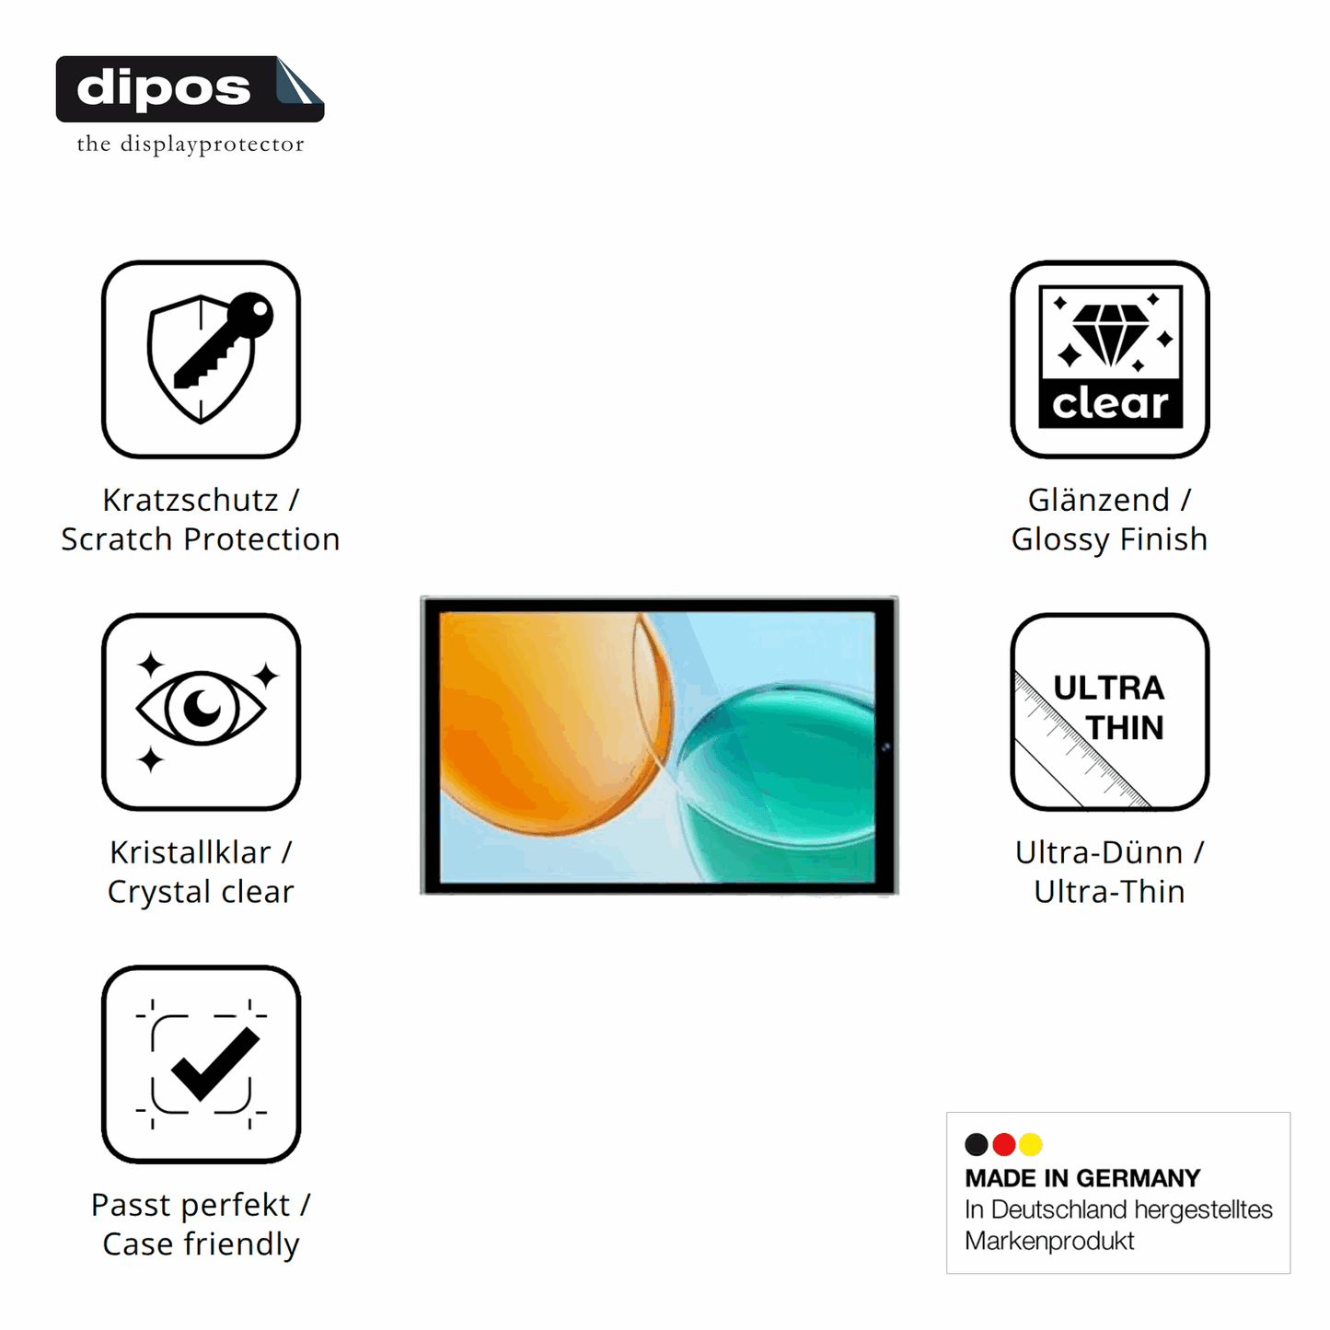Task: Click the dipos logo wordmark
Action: coord(164,88)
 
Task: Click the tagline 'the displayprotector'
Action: coord(191,145)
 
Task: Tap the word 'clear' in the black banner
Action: coord(1110,403)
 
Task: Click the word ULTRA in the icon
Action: coord(1108,688)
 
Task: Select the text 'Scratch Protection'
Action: coord(200,539)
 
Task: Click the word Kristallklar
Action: coord(191,853)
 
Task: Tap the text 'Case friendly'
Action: coord(201,1244)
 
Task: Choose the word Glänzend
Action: coord(1099,501)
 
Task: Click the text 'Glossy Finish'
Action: coord(1109,540)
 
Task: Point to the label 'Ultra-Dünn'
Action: coord(1099,853)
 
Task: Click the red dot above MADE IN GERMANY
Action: coord(1003,1144)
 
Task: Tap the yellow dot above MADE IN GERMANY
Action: coord(1031,1144)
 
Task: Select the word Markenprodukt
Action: coord(1049,1241)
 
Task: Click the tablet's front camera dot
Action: coord(886,746)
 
